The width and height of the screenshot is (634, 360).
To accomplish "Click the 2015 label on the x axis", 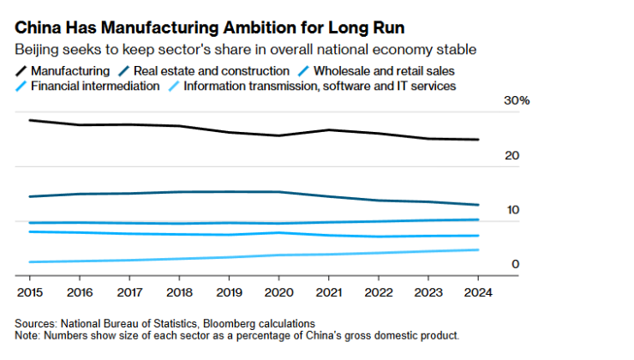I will pos(29,291).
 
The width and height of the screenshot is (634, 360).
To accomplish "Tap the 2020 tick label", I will pos(278,291).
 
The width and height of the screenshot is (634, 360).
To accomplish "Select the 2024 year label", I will pos(477,291).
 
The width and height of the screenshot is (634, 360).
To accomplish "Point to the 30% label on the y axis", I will pos(517,101).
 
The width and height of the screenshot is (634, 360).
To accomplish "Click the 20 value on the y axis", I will pos(512,155).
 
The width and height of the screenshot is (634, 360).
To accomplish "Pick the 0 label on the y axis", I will pos(516,264).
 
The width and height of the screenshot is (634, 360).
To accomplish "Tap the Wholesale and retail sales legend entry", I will pos(380,70).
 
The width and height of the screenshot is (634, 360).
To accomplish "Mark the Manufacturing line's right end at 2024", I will pos(477,140).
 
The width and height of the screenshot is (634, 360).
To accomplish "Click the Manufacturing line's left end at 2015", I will pos(30,120).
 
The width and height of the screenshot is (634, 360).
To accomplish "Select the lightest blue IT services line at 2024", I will pos(477,249).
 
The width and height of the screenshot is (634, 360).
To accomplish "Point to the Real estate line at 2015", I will pos(30,196).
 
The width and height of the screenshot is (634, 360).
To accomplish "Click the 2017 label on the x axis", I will pos(129,291).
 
